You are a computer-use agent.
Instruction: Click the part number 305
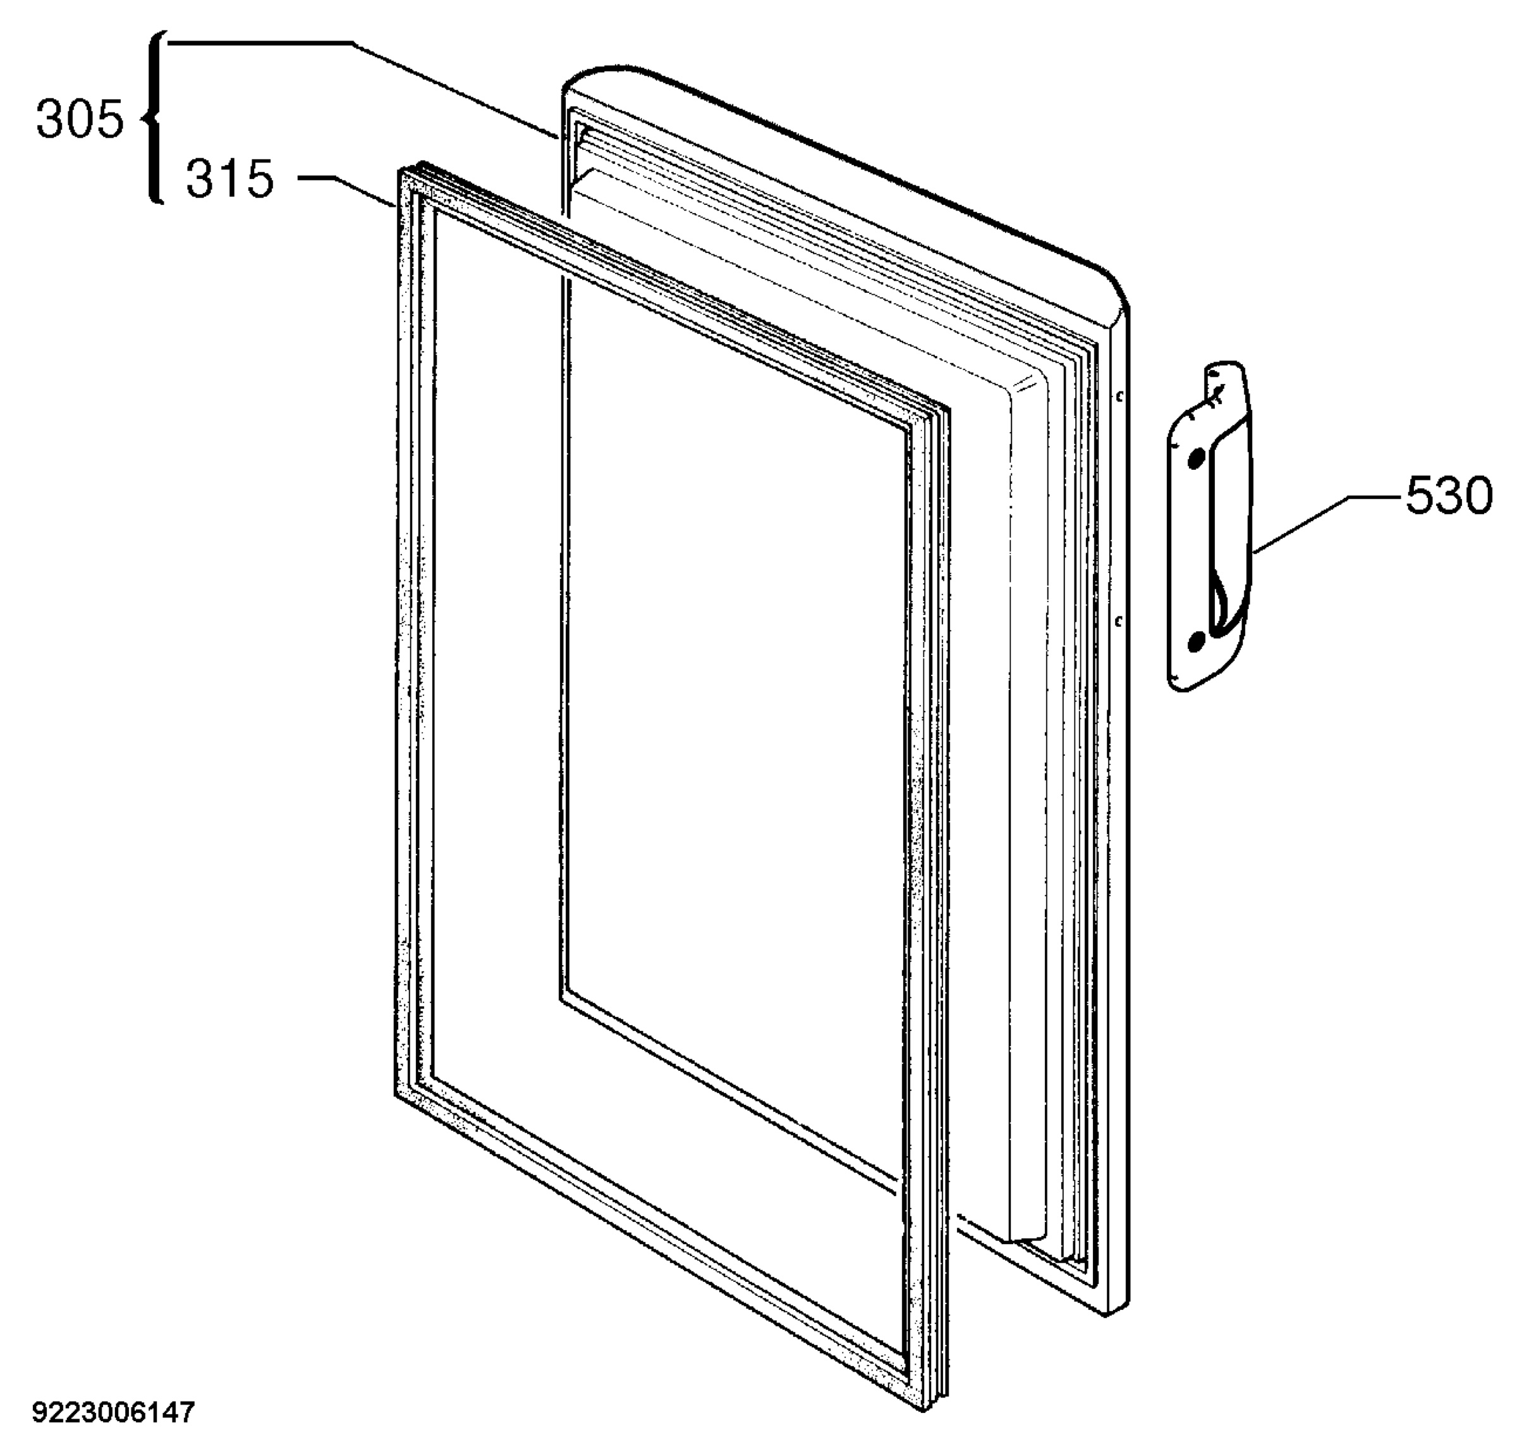point(80,121)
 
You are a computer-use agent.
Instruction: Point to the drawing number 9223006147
point(114,1413)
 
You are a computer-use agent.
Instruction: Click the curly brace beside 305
point(155,118)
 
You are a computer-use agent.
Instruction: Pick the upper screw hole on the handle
point(1196,459)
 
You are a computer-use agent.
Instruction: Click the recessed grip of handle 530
point(1226,534)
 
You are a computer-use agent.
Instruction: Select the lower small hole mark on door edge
point(1119,620)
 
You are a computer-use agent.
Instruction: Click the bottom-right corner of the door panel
point(1108,1312)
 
